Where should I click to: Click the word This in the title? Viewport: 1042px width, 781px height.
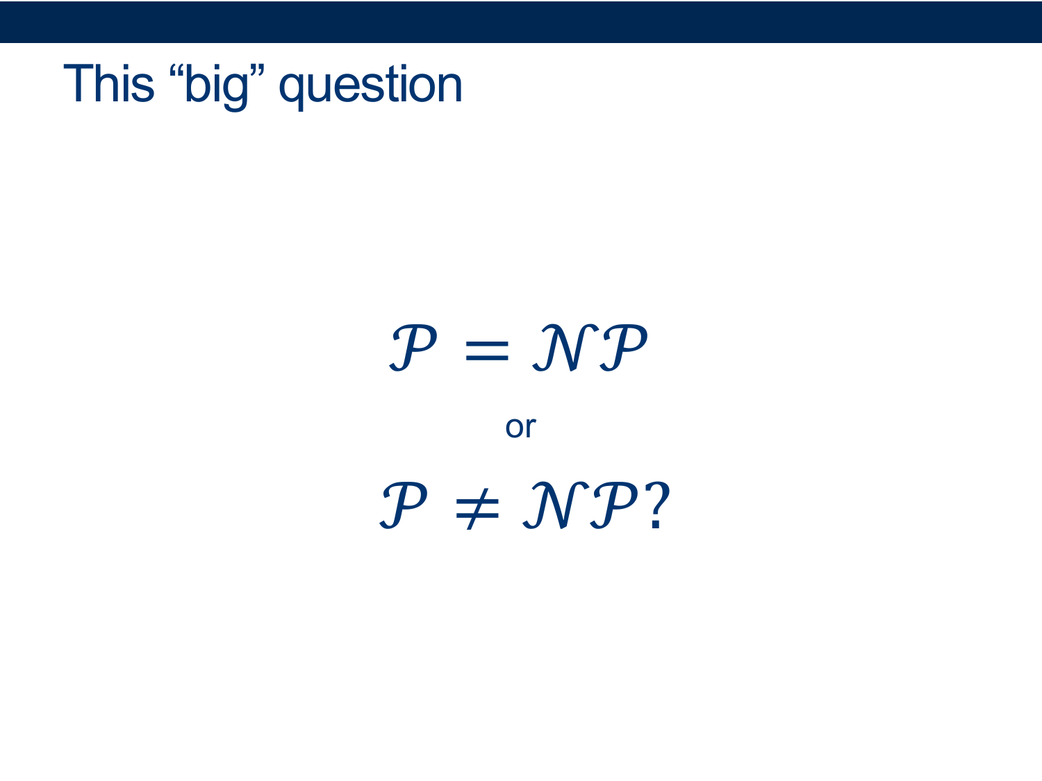tap(108, 83)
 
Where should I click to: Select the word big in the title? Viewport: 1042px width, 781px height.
tap(217, 87)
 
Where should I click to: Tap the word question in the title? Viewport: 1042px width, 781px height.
tap(370, 87)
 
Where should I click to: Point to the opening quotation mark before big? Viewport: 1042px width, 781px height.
tap(176, 70)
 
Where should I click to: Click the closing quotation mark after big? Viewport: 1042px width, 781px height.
tap(257, 70)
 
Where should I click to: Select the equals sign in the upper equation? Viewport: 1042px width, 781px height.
tap(487, 351)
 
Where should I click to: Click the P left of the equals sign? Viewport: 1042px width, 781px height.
tap(413, 348)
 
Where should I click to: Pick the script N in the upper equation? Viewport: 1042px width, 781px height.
tap(565, 348)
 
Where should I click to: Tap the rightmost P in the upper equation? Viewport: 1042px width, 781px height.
tap(623, 348)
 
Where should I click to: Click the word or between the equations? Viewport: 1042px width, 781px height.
tap(521, 427)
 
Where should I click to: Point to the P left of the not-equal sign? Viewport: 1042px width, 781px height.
tap(403, 505)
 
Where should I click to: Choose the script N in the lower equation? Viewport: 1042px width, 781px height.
tap(556, 505)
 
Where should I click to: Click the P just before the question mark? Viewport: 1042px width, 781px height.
tap(614, 505)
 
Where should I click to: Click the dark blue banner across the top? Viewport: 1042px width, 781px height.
tap(521, 22)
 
